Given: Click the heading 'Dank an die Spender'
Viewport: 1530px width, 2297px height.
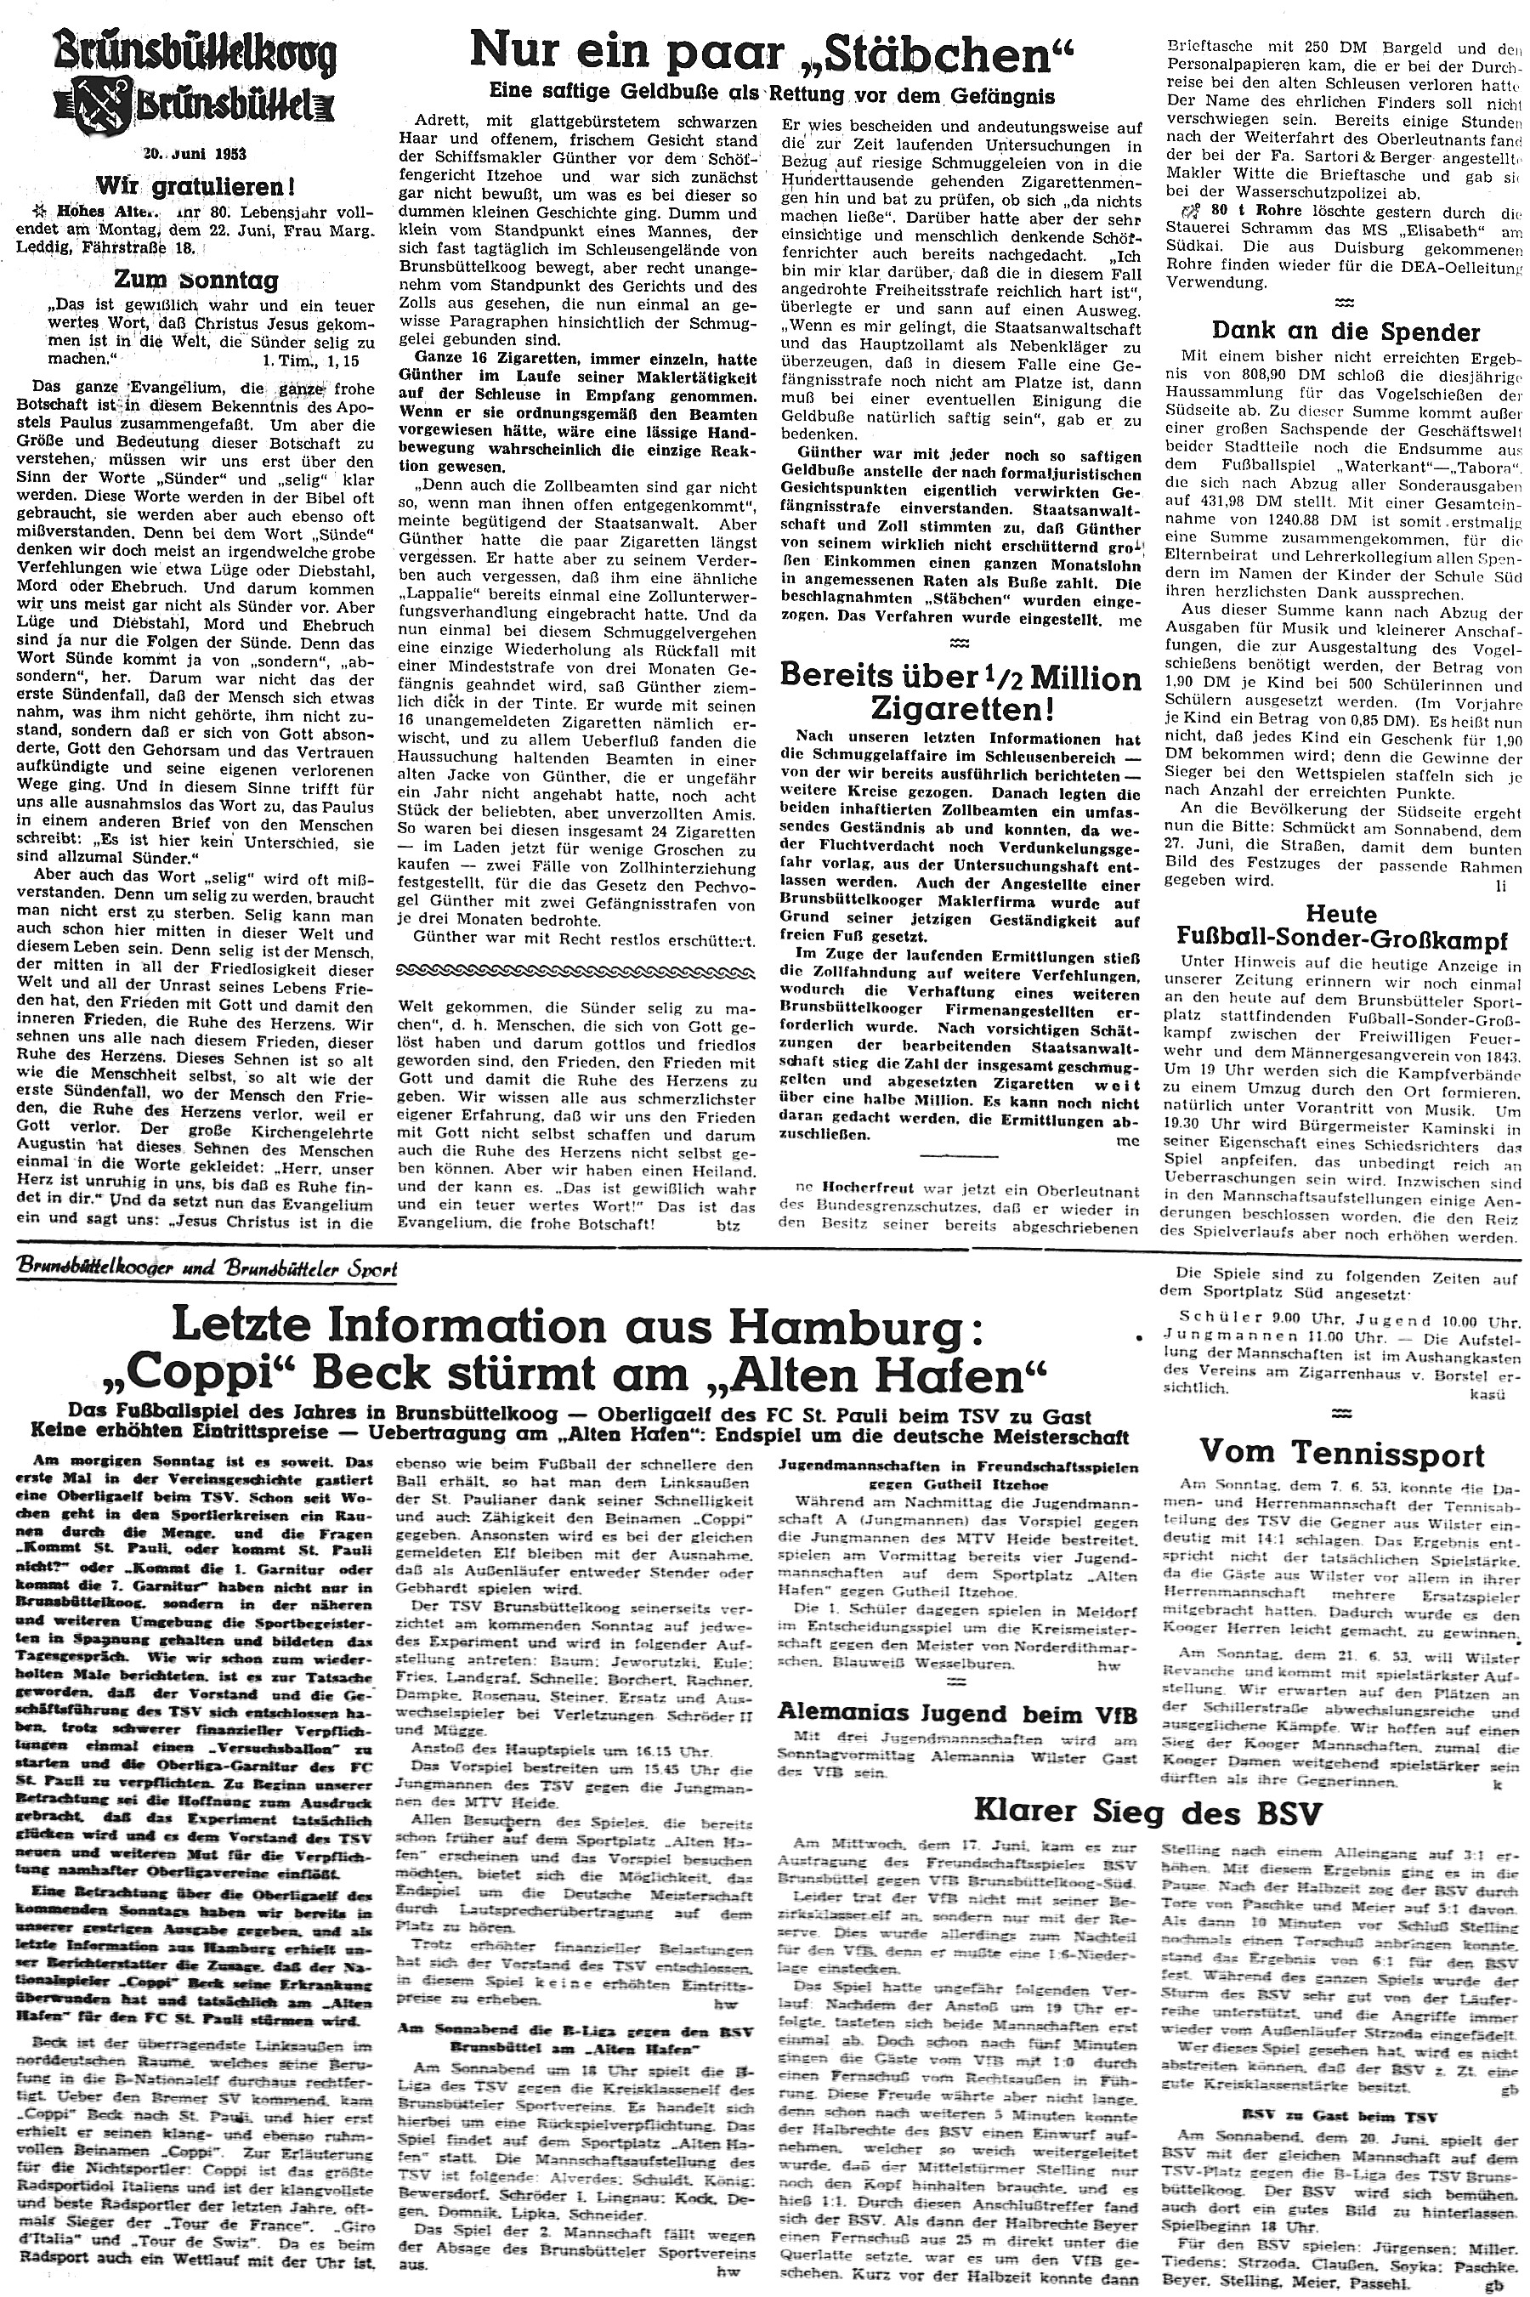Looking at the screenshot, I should point(1346,332).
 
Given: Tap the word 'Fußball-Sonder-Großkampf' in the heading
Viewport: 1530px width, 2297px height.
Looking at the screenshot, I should point(1345,943).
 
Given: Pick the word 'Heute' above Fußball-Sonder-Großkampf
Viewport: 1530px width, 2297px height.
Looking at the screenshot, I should point(1340,916).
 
